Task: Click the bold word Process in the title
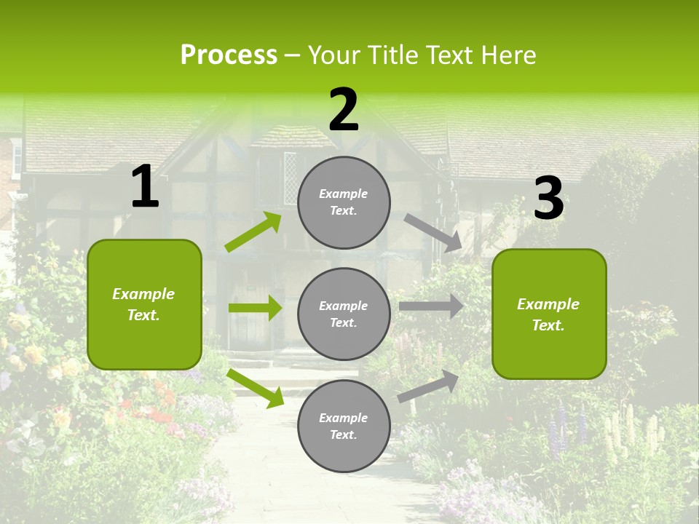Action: coord(229,55)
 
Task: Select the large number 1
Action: coord(144,187)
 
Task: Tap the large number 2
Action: coord(344,110)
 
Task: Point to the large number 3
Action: coord(549,199)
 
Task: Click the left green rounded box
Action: coord(144,304)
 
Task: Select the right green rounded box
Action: coord(549,314)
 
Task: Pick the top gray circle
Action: coord(344,202)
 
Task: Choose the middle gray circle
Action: coord(344,314)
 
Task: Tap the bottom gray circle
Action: coord(344,426)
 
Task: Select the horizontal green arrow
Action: coord(255,308)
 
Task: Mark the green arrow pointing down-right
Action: coord(255,388)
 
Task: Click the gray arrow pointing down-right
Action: coord(433,232)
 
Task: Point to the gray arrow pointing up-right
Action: coord(428,386)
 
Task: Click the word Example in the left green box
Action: coord(143,294)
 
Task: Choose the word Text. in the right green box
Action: coord(548,325)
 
